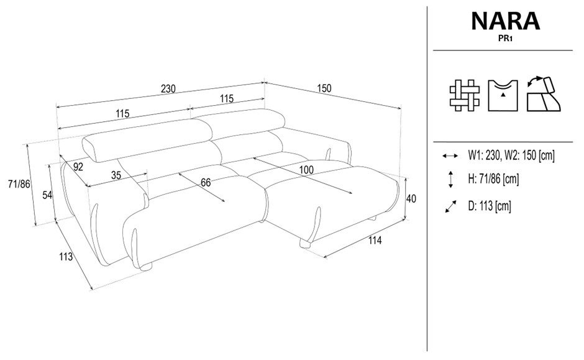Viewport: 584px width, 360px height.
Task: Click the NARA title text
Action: pos(506,21)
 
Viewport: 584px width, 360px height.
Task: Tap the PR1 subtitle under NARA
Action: pos(506,38)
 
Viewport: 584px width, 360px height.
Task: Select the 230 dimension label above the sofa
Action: pos(168,89)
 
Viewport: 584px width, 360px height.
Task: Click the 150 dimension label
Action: pos(324,88)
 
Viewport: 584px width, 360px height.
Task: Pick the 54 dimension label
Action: pos(47,195)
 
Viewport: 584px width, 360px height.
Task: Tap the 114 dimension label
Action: pos(375,241)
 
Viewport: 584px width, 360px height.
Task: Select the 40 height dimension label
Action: pos(411,199)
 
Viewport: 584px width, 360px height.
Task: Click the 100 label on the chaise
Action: pos(306,170)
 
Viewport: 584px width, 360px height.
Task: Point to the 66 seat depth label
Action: pos(206,183)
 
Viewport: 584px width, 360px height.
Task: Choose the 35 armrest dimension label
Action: pos(116,175)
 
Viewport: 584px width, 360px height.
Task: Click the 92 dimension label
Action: pos(78,167)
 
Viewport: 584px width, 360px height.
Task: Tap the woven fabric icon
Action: pos(465,95)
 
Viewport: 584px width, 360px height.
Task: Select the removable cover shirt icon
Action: pos(503,95)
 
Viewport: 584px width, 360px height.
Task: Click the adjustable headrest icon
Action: pos(544,94)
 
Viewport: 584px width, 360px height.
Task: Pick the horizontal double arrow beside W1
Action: pos(450,156)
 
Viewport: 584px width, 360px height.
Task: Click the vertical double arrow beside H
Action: pos(450,179)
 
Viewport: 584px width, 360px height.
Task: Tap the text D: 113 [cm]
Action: pos(490,206)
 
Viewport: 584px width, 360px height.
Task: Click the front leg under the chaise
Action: pos(306,244)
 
